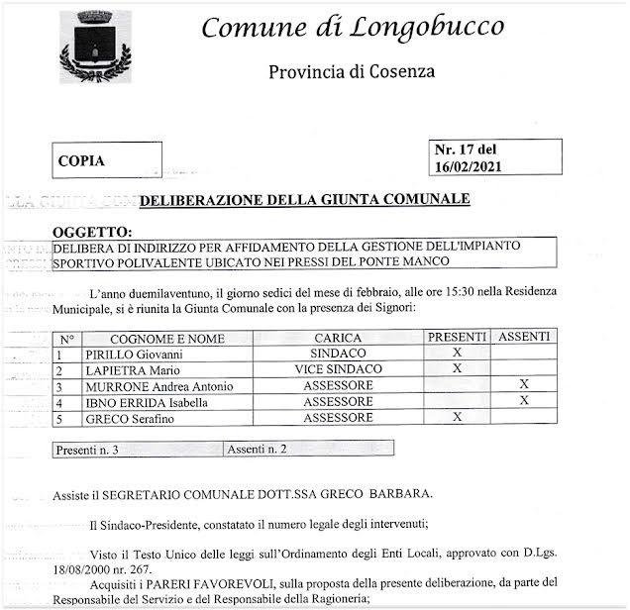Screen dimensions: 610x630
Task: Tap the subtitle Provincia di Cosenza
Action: (352, 71)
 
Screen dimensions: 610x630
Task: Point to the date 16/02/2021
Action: (469, 167)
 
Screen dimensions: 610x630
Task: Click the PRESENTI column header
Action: (458, 338)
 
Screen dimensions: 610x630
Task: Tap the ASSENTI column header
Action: (524, 338)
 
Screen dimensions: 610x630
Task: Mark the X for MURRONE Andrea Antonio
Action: (524, 384)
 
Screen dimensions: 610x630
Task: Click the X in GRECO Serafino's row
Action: (457, 417)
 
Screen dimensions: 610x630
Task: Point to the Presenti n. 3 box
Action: (88, 449)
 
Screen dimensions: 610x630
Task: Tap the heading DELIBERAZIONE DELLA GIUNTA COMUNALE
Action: (304, 200)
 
